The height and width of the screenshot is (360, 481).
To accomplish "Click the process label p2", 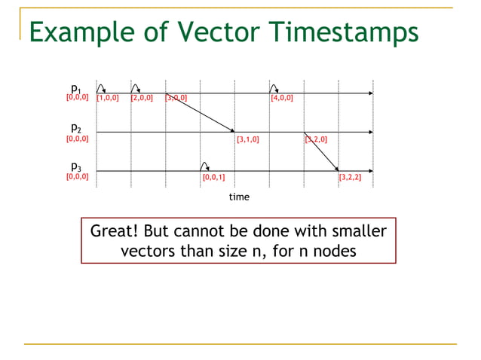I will pos(76,127).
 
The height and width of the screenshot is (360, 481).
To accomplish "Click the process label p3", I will pos(76,166).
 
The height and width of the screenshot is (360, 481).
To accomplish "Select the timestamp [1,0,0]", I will pos(107,98).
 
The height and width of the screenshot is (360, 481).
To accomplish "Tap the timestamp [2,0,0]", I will pos(142,98).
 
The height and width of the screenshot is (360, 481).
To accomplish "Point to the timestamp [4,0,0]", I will pos(282,98).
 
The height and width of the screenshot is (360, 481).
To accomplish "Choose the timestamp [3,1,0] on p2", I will pos(247,139).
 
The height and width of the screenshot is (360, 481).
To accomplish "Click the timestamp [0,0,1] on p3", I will pos(213,178).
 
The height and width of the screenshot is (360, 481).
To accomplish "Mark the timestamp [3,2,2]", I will pos(350,178).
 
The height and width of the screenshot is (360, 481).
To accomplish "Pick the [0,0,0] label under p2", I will pos(77,139).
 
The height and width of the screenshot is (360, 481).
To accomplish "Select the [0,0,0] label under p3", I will pos(77,177).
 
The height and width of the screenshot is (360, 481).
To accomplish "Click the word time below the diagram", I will pos(239,197).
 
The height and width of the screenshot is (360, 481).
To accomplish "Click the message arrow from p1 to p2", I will pos(200,112).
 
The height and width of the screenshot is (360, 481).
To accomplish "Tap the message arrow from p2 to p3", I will pos(321,151).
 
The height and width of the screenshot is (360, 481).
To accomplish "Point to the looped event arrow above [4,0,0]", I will pos(274,88).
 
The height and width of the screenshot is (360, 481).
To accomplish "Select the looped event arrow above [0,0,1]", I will pos(204,166).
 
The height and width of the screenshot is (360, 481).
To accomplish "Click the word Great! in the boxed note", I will pos(115,231).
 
